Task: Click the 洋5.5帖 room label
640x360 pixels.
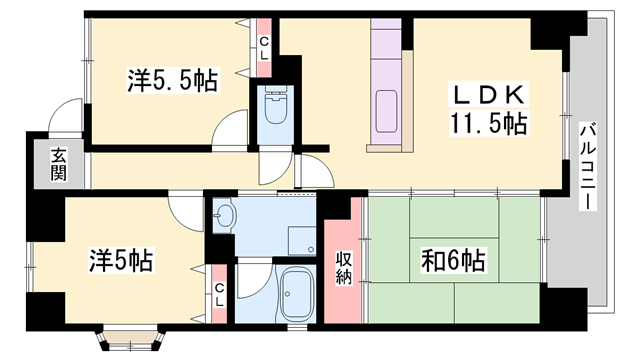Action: coord(172,80)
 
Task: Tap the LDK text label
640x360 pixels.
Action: coord(489,95)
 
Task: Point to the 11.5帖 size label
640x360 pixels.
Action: coord(489,123)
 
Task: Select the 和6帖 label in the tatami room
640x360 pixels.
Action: coord(453,260)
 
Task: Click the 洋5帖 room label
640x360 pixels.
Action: coord(121,260)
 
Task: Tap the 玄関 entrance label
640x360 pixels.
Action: coord(58,164)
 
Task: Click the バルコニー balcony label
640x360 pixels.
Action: coord(587,166)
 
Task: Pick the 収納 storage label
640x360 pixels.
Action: coord(344,268)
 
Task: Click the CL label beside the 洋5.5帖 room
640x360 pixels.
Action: coord(264,48)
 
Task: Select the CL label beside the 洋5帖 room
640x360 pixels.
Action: coord(220,295)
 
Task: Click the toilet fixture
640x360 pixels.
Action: coord(276,105)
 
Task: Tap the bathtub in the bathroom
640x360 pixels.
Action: coord(296,294)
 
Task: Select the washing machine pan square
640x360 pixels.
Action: coord(302,240)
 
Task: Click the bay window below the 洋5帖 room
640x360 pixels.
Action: coord(131,338)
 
